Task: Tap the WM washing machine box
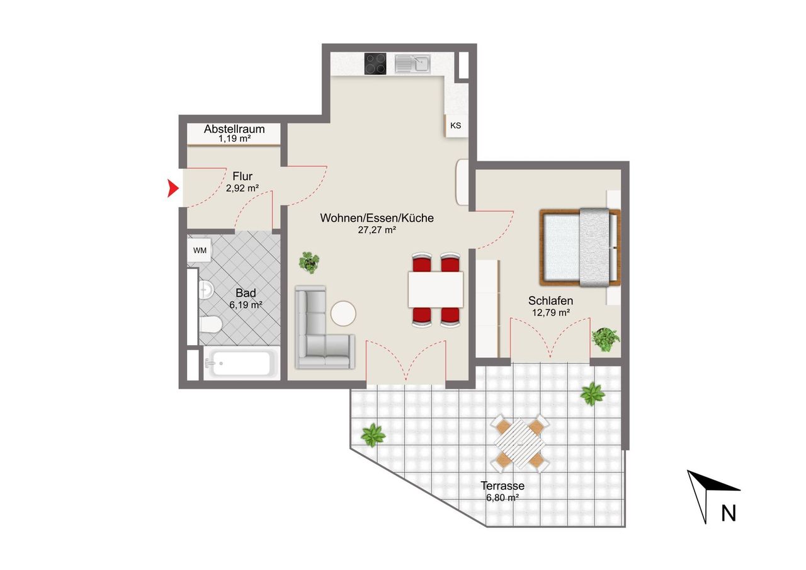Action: (200, 250)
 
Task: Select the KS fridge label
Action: (455, 125)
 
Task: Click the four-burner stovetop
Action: (375, 64)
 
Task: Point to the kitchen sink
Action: (412, 64)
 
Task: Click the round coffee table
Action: (343, 314)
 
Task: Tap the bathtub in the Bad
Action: (241, 363)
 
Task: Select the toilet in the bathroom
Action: (210, 324)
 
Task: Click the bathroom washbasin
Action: (206, 289)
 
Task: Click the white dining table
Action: (435, 289)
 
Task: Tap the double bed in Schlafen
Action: (580, 248)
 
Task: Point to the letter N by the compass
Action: (729, 513)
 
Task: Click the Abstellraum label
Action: (234, 129)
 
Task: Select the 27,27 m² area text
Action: (377, 230)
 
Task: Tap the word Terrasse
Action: (502, 486)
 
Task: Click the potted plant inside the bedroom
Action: (606, 339)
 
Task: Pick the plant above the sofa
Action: (309, 263)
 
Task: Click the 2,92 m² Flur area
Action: (242, 188)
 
